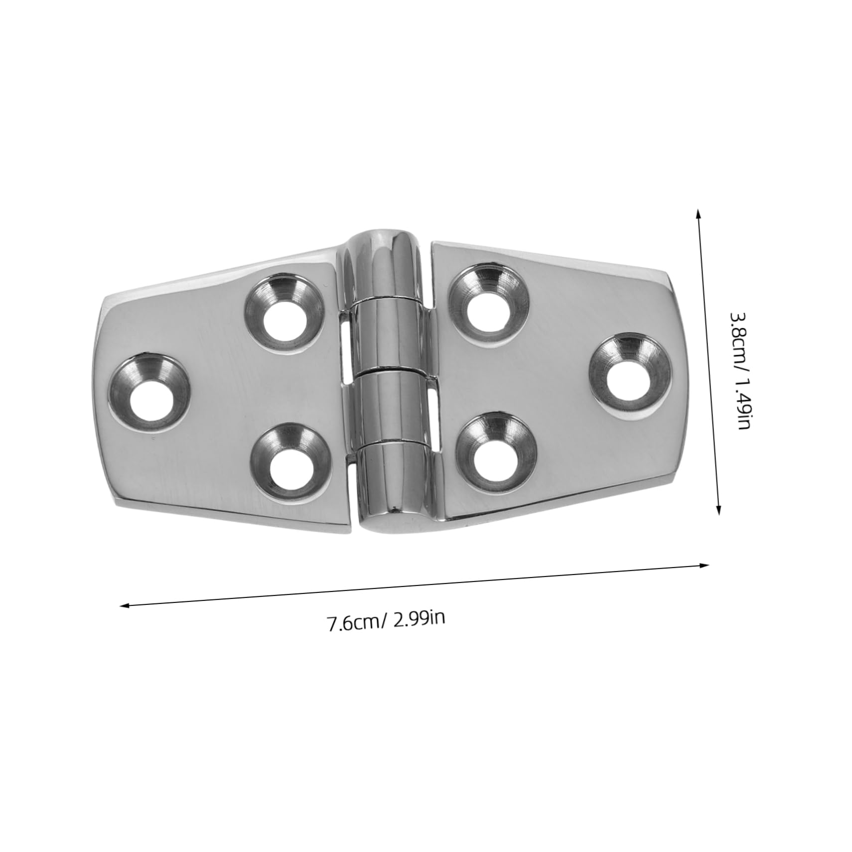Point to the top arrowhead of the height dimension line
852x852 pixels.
[699, 212]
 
